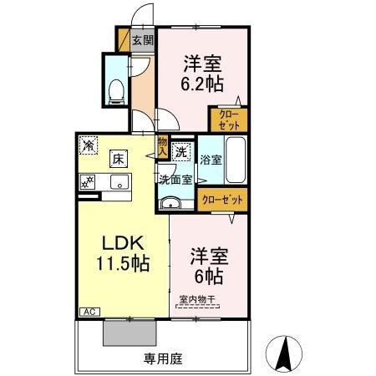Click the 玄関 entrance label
[x=142, y=38]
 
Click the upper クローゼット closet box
[x=228, y=119]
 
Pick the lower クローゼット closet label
[x=223, y=200]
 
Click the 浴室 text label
[x=211, y=160]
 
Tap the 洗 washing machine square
[x=182, y=153]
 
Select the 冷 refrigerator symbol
[x=87, y=145]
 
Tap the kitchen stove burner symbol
[x=86, y=183]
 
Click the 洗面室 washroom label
[x=175, y=178]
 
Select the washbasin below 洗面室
[x=170, y=202]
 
